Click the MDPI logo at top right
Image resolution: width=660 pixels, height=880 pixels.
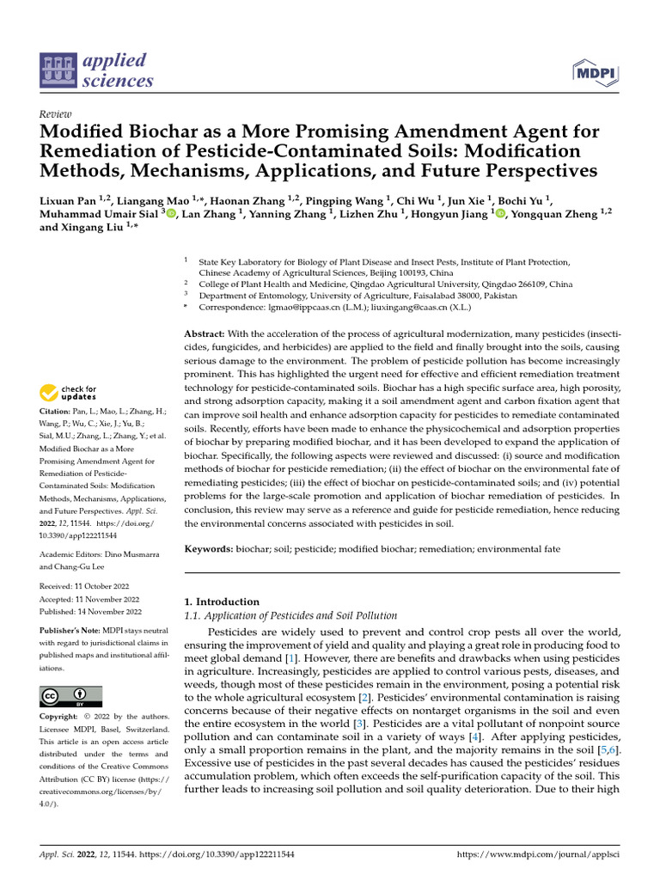point(594,72)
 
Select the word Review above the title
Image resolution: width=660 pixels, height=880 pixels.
point(55,114)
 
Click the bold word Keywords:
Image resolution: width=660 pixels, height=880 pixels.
point(212,548)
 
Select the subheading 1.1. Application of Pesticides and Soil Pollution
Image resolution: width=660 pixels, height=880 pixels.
point(291,616)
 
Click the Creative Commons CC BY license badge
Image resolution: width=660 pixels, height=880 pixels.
point(70,696)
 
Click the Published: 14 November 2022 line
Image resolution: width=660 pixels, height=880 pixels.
point(91,612)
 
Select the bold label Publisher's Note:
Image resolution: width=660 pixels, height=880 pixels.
point(71,631)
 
